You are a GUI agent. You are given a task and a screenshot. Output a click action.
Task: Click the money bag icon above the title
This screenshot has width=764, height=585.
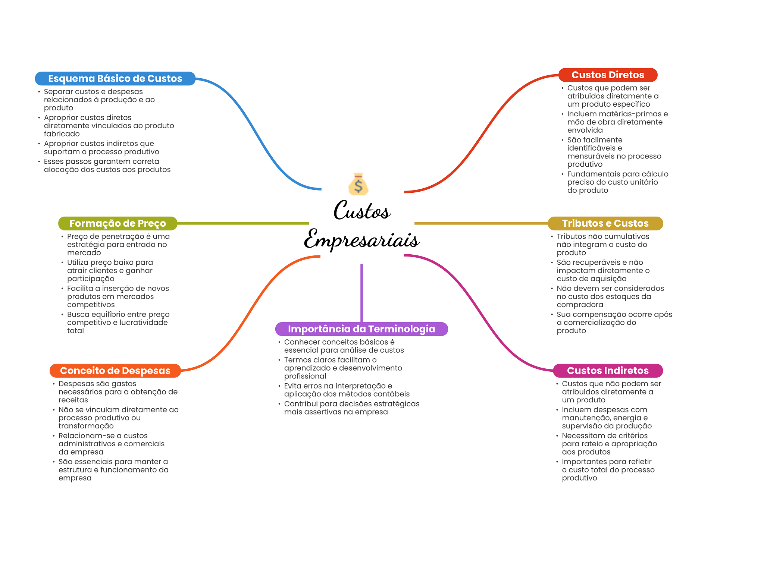358,184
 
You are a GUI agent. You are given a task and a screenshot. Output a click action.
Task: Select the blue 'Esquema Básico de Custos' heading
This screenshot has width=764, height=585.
115,79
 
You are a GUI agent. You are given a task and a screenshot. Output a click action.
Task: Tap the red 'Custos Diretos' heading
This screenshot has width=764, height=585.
608,75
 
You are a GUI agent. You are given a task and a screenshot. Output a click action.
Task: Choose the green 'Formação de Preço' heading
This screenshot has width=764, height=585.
118,223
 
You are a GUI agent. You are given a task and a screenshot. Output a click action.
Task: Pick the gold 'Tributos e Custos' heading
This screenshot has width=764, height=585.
605,223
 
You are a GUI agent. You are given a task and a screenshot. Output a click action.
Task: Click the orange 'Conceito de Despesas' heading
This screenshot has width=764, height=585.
115,371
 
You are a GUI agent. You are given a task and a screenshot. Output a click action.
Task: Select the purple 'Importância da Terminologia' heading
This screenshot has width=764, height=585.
361,329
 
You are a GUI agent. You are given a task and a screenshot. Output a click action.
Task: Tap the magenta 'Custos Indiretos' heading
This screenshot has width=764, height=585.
608,371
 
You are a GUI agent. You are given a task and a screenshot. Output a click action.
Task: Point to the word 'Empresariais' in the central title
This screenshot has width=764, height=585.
361,239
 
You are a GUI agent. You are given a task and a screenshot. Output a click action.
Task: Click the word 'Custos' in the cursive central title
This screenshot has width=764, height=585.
362,210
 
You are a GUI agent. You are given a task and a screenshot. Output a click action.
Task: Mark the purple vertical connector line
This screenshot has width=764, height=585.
361,293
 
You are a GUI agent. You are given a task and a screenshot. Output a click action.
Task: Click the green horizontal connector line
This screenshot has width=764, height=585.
243,223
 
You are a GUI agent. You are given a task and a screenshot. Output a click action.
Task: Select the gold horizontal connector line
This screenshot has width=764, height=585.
481,223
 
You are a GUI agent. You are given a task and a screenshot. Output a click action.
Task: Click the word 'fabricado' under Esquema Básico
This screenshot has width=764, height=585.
62,134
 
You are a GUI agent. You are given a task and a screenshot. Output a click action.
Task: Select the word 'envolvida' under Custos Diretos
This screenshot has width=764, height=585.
585,130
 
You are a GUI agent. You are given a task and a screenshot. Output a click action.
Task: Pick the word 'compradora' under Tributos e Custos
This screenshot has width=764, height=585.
580,305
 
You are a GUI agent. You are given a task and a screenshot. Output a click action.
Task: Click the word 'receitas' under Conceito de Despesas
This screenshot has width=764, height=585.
73,400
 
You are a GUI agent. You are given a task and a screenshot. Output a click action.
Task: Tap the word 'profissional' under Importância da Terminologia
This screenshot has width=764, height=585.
305,376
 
